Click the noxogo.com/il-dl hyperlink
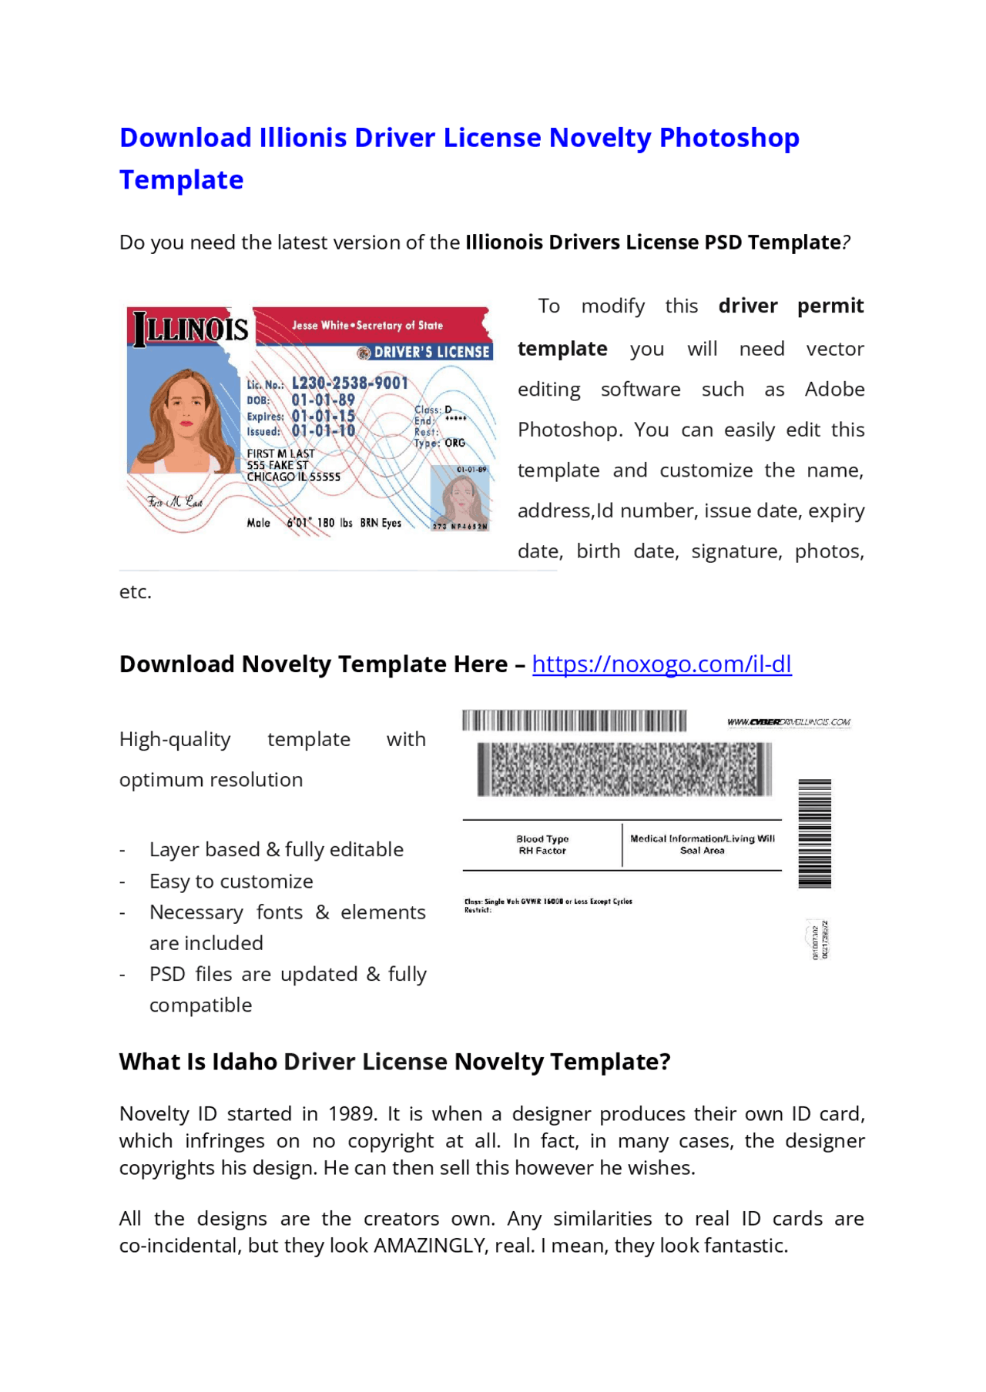661,664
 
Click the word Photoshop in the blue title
729,138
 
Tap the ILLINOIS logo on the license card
190,330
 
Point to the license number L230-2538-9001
350,383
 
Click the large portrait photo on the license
184,420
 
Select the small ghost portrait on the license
461,499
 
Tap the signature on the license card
176,502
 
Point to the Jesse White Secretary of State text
367,325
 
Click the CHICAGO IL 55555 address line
293,477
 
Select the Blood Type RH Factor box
542,845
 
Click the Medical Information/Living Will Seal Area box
702,845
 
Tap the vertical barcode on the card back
814,833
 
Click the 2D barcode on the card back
624,769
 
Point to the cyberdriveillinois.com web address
788,722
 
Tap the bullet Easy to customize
231,881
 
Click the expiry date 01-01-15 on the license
323,416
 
